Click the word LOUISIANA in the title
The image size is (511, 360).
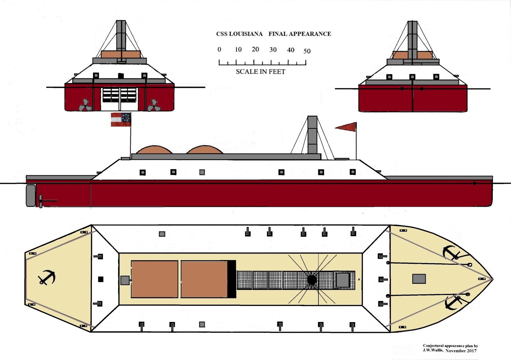[246, 34]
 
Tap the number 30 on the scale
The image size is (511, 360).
[273, 49]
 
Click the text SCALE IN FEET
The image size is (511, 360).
[261, 71]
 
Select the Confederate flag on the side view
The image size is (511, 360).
[121, 119]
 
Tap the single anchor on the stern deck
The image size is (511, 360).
[47, 277]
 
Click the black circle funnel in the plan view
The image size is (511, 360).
[312, 280]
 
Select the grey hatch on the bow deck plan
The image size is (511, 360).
[419, 279]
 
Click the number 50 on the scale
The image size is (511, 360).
[307, 51]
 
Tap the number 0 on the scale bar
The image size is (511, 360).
[219, 49]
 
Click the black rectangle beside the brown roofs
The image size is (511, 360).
[232, 279]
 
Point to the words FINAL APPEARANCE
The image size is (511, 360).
[300, 34]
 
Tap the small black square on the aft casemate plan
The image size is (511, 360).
[101, 279]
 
